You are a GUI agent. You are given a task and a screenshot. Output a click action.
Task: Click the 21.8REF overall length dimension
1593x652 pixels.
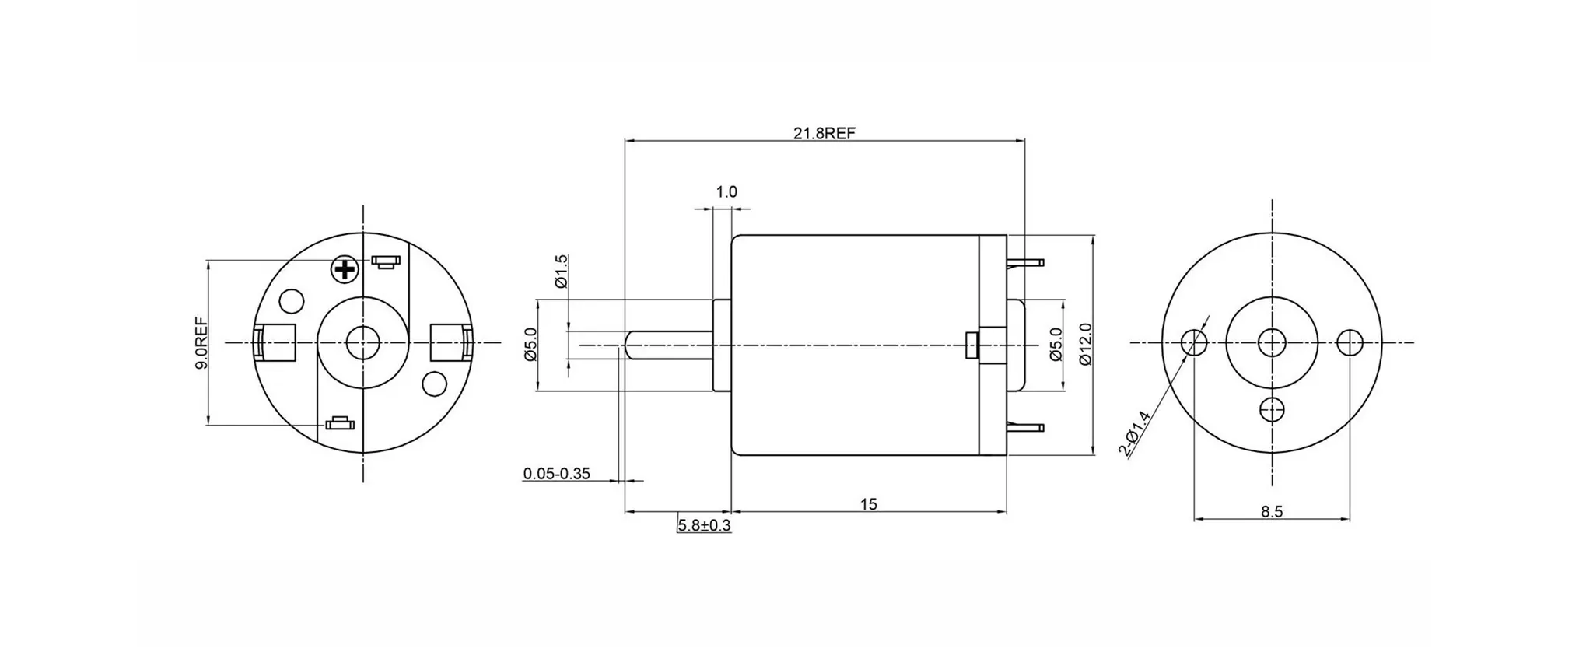point(824,133)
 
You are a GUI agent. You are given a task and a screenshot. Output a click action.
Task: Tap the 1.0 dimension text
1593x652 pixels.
point(726,191)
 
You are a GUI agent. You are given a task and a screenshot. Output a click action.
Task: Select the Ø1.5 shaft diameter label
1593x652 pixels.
point(562,272)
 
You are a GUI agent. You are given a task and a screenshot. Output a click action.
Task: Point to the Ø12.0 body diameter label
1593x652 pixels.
point(1086,345)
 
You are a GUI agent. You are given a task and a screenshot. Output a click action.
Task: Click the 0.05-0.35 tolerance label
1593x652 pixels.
point(557,473)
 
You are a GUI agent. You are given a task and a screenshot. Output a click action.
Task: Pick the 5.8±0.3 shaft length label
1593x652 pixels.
point(705,525)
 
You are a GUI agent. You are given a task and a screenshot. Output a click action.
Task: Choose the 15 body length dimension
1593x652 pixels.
point(869,504)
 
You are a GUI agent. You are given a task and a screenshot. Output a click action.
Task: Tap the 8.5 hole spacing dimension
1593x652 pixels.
point(1272,511)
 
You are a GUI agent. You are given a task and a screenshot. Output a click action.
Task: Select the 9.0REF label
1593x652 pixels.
point(201,342)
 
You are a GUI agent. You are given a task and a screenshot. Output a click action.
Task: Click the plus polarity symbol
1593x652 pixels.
point(344,270)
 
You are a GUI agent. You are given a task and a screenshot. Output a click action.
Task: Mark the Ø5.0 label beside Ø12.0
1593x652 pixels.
point(1056,345)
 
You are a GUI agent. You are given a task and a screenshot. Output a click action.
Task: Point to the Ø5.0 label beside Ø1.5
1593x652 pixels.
point(531,345)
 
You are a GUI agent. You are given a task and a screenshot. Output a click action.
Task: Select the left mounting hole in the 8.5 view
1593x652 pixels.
point(1194,342)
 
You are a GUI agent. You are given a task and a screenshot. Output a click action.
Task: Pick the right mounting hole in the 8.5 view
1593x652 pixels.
point(1350,342)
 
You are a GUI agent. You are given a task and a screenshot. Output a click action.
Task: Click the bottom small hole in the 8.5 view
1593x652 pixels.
point(1272,408)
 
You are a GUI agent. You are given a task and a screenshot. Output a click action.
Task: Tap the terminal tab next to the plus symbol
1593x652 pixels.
point(386,261)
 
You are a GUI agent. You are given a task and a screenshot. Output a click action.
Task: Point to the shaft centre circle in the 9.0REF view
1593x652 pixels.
point(362,342)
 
